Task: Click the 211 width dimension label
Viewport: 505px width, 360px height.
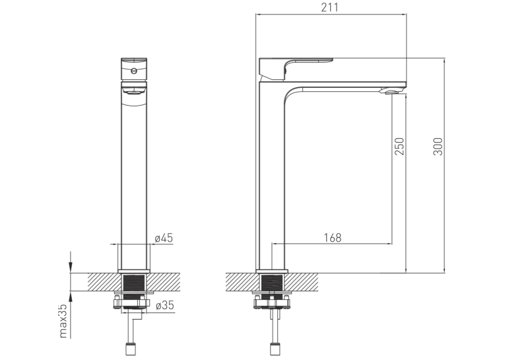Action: pyautogui.click(x=330, y=7)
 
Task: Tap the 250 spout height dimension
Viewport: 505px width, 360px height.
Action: pyautogui.click(x=399, y=147)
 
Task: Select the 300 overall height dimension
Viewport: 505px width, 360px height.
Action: pyautogui.click(x=438, y=147)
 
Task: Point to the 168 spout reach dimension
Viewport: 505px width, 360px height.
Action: pyautogui.click(x=332, y=238)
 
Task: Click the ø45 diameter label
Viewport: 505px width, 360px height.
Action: pyautogui.click(x=164, y=238)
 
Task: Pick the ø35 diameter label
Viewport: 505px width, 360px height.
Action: pyautogui.click(x=164, y=305)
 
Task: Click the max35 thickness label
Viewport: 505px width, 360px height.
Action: pyautogui.click(x=63, y=321)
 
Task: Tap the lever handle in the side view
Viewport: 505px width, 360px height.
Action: pyautogui.click(x=296, y=68)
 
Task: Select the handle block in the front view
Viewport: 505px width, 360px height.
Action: pyautogui.click(x=134, y=69)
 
